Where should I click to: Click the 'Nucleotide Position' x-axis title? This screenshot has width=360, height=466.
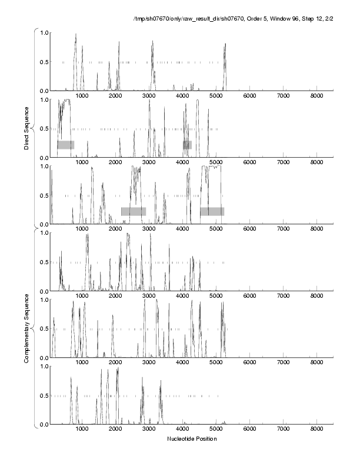(x=191, y=439)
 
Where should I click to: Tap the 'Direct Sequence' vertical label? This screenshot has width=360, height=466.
(x=26, y=128)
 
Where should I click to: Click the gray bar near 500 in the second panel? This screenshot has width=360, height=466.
(x=65, y=145)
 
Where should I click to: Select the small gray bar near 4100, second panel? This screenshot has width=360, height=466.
(x=187, y=145)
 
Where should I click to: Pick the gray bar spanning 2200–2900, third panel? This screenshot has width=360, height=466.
(x=134, y=211)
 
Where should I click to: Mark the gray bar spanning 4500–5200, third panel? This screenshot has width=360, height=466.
(x=212, y=211)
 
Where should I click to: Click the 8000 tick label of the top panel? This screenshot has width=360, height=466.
(x=316, y=96)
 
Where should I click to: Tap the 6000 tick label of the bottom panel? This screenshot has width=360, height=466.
(x=249, y=430)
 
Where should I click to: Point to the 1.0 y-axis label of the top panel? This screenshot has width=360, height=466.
(x=44, y=33)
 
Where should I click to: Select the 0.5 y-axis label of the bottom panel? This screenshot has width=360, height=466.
(x=44, y=396)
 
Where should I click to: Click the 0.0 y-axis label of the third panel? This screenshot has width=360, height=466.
(x=44, y=225)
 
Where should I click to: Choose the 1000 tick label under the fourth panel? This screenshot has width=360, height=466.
(x=82, y=296)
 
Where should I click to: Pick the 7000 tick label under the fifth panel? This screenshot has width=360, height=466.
(x=283, y=363)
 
